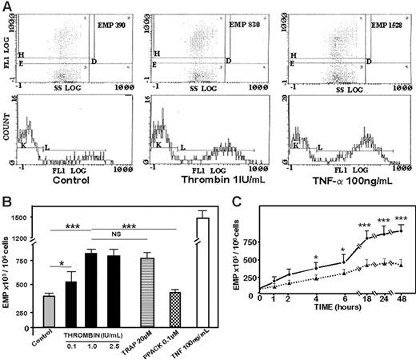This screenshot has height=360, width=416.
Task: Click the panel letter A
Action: tap(6, 6)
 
